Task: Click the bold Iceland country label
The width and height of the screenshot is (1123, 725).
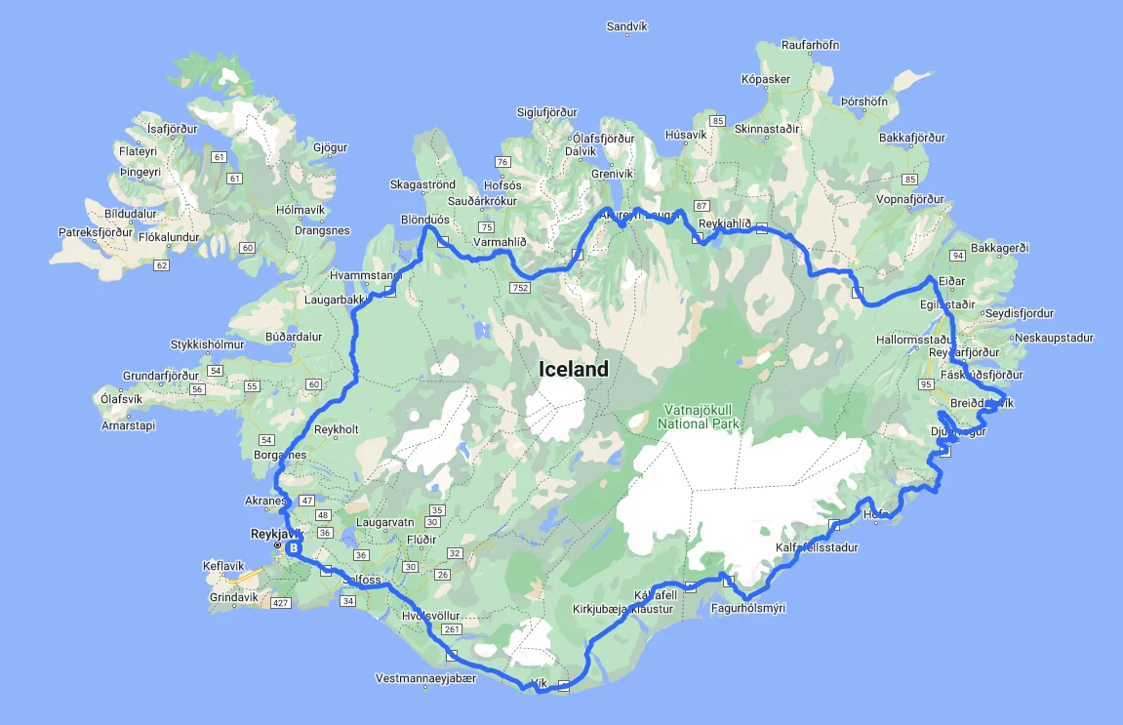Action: tap(574, 369)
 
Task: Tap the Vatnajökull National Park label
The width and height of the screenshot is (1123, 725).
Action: tap(699, 417)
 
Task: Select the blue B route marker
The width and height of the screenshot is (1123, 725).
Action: tap(292, 548)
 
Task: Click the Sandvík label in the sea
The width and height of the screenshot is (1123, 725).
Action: tap(627, 26)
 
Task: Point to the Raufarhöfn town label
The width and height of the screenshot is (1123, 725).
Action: tap(810, 45)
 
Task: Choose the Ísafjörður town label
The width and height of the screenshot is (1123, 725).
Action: tap(172, 128)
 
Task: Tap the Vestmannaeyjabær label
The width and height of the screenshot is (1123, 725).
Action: tap(426, 678)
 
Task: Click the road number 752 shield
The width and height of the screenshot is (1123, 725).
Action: tap(518, 288)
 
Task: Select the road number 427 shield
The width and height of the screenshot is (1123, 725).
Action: tap(281, 604)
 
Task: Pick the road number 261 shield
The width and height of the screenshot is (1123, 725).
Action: tap(451, 629)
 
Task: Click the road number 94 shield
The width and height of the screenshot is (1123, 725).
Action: tap(957, 256)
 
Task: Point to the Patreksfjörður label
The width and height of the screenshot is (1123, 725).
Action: tap(95, 232)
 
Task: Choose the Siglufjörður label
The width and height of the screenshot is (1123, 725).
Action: tap(547, 112)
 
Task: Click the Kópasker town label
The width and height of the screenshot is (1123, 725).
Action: tap(765, 79)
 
